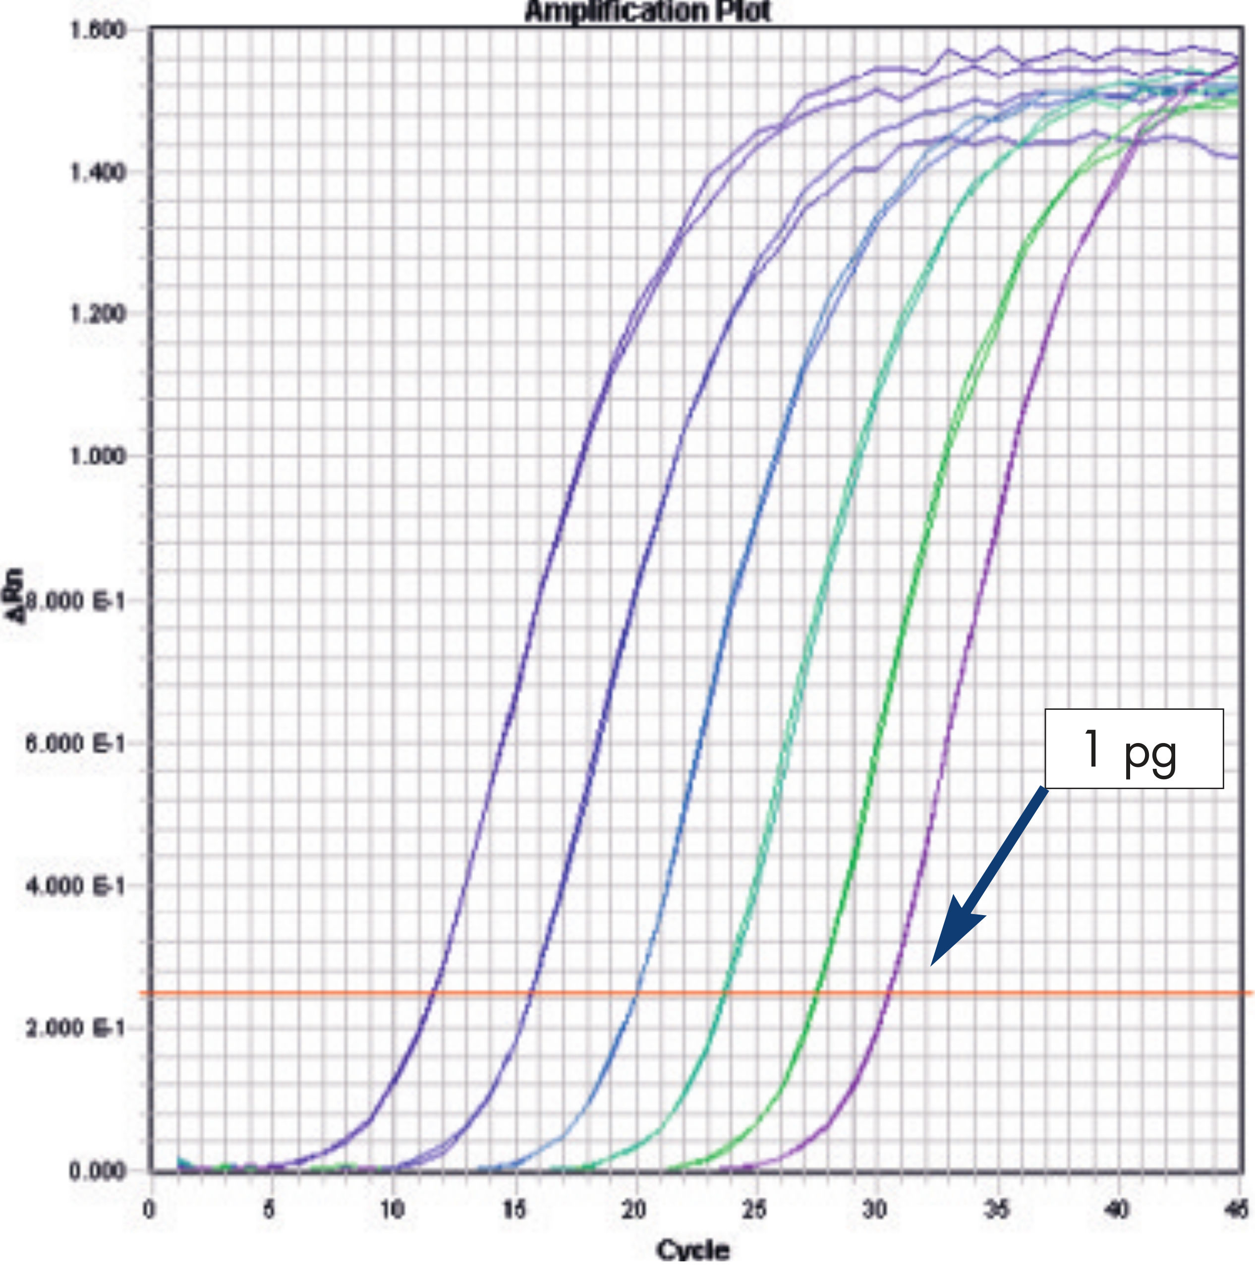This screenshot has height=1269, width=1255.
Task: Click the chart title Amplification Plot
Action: [x=647, y=11]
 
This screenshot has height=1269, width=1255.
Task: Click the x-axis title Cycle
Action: [x=693, y=1250]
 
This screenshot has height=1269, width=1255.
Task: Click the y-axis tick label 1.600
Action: [x=98, y=30]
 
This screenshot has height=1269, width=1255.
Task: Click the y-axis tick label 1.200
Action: [x=98, y=313]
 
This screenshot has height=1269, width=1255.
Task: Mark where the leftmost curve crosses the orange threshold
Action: [x=433, y=993]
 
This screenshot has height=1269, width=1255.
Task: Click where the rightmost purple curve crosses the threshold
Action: [x=889, y=993]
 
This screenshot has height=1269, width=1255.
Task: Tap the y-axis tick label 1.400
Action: [x=98, y=172]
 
